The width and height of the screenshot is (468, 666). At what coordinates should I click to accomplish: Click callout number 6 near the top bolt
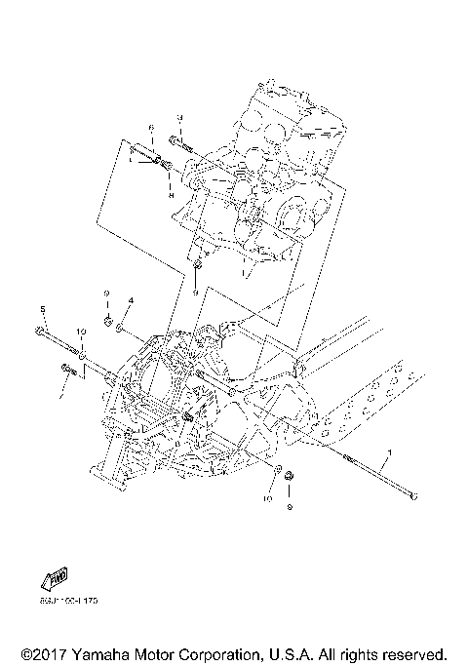tap(152, 128)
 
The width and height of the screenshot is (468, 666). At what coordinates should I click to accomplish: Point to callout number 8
tap(171, 195)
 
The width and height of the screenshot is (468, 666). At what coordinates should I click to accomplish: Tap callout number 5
tap(43, 309)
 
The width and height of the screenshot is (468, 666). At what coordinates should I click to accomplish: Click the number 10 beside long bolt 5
tap(82, 333)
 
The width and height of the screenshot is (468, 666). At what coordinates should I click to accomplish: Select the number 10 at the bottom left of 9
tap(265, 498)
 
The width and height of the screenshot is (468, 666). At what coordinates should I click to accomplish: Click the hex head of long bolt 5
tap(37, 332)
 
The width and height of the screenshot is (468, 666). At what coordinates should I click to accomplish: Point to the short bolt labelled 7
tap(68, 368)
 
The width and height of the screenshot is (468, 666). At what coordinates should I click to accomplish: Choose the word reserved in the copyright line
tap(413, 653)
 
